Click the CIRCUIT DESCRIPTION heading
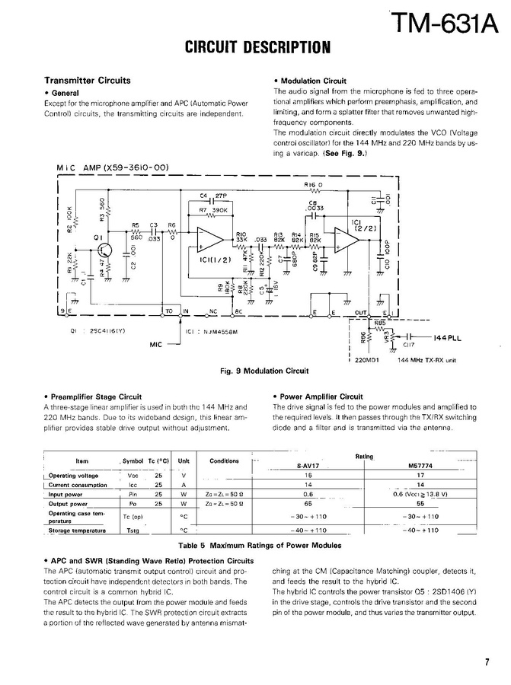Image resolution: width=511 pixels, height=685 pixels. [x=258, y=48]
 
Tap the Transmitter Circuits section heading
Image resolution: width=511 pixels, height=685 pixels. [x=88, y=81]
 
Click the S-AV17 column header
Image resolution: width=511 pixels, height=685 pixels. [x=309, y=466]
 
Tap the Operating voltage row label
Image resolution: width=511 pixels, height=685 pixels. [x=82, y=475]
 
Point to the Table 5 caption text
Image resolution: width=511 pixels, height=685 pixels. [x=259, y=546]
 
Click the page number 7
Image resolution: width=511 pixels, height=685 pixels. [x=486, y=662]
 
